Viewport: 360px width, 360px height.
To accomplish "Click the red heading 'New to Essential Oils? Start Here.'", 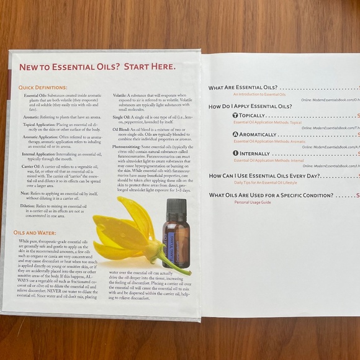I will tap(97, 67).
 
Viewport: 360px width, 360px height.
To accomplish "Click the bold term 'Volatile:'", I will tap(122, 95).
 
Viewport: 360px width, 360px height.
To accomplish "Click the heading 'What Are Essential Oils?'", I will tap(242, 88).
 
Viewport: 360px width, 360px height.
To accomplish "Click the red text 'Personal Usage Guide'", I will tap(253, 202).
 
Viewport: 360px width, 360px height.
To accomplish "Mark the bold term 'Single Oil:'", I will tap(124, 115).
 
